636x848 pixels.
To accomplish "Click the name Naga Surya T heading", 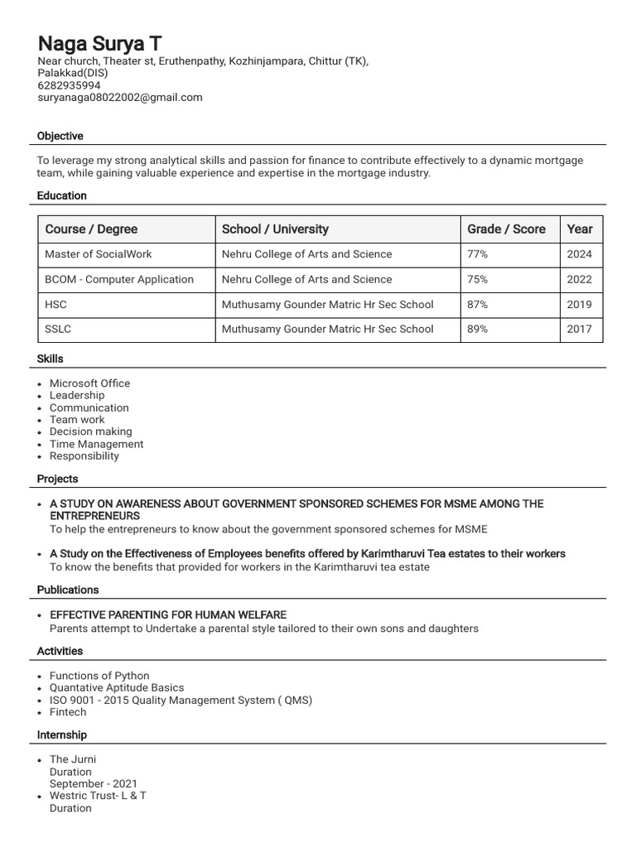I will (x=99, y=44).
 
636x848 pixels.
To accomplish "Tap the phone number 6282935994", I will (x=69, y=85).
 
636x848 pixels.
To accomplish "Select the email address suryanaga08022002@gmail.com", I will (x=120, y=98).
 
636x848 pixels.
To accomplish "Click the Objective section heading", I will (x=60, y=136).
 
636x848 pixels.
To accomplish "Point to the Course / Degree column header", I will (x=91, y=229).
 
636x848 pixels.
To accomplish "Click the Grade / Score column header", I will (x=506, y=229).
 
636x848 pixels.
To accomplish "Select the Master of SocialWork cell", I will (x=99, y=254).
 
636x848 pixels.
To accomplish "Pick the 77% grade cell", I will (x=478, y=254).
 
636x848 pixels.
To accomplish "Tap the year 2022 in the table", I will (x=579, y=279).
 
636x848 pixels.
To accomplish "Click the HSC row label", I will (x=55, y=304).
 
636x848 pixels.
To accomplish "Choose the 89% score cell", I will (x=478, y=329).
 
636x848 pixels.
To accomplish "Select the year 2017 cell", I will (x=579, y=329).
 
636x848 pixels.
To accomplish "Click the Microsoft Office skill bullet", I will (x=89, y=383).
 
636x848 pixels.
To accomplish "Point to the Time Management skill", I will (x=96, y=444).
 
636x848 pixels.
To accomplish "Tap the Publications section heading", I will (x=68, y=590).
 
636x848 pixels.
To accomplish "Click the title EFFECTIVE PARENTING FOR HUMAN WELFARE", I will (x=168, y=614).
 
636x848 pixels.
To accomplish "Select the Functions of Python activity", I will (x=99, y=676).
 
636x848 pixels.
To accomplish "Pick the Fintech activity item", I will (x=68, y=712).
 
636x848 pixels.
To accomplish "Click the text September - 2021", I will (x=94, y=783).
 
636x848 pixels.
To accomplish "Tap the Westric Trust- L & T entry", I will (x=98, y=796).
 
